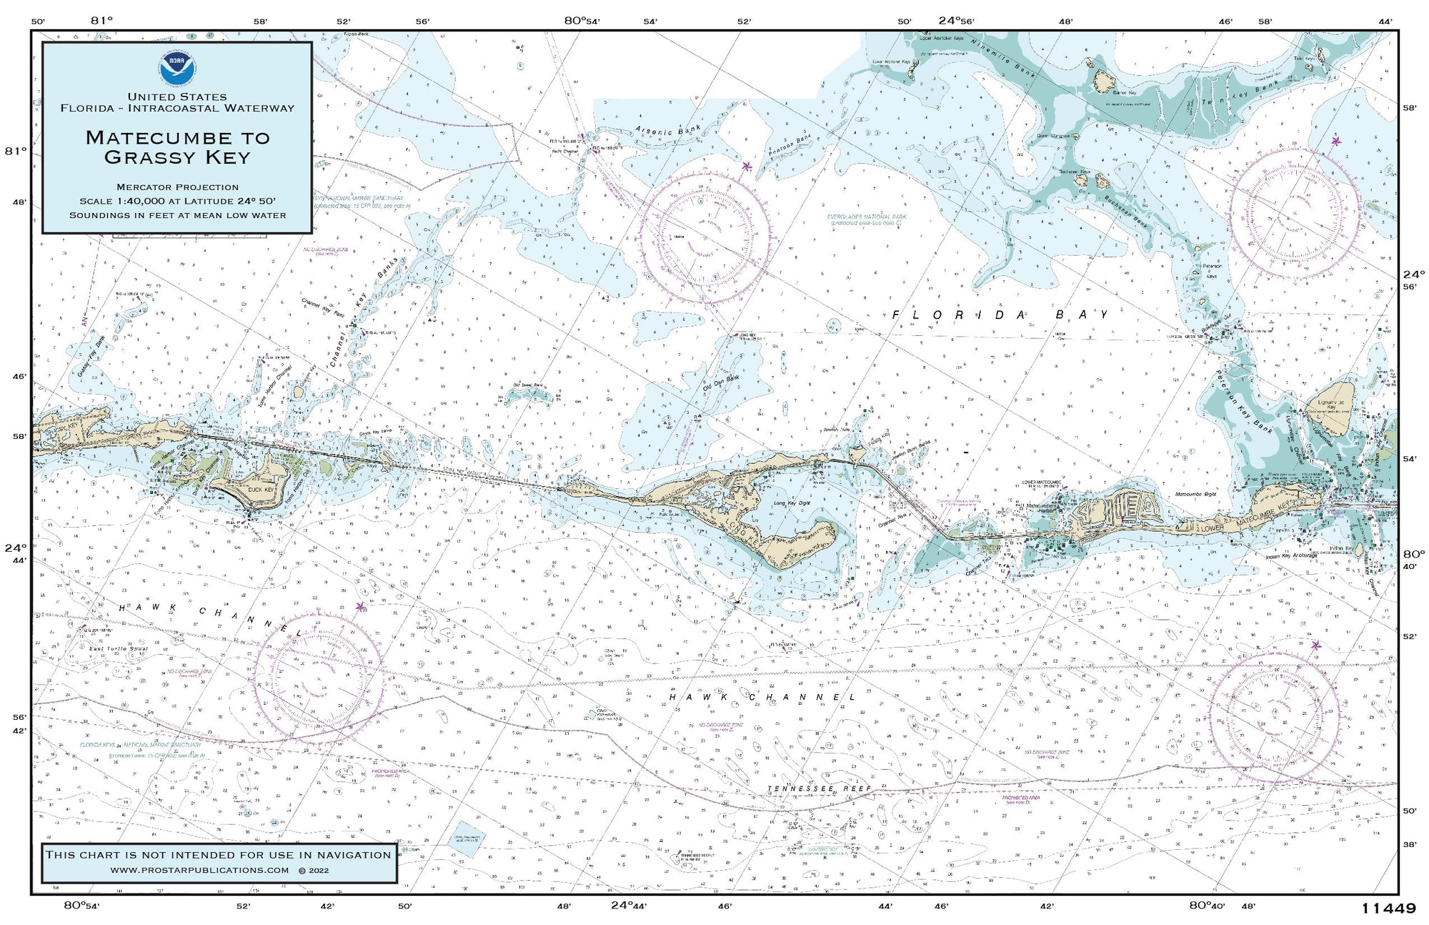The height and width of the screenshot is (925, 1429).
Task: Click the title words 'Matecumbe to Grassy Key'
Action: (x=177, y=147)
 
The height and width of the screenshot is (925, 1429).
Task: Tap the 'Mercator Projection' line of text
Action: (x=177, y=187)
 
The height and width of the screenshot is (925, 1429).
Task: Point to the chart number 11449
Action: (x=1388, y=909)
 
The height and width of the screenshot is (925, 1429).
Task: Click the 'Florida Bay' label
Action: (x=1000, y=315)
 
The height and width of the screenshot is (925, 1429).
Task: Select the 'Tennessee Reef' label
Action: (x=819, y=788)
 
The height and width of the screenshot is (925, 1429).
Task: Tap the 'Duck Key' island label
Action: (x=261, y=490)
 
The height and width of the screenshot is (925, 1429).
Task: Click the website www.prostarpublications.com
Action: (x=199, y=870)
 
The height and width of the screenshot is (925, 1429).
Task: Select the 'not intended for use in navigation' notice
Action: (x=218, y=854)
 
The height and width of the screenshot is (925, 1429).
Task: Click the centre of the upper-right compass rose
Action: (x=1295, y=214)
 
